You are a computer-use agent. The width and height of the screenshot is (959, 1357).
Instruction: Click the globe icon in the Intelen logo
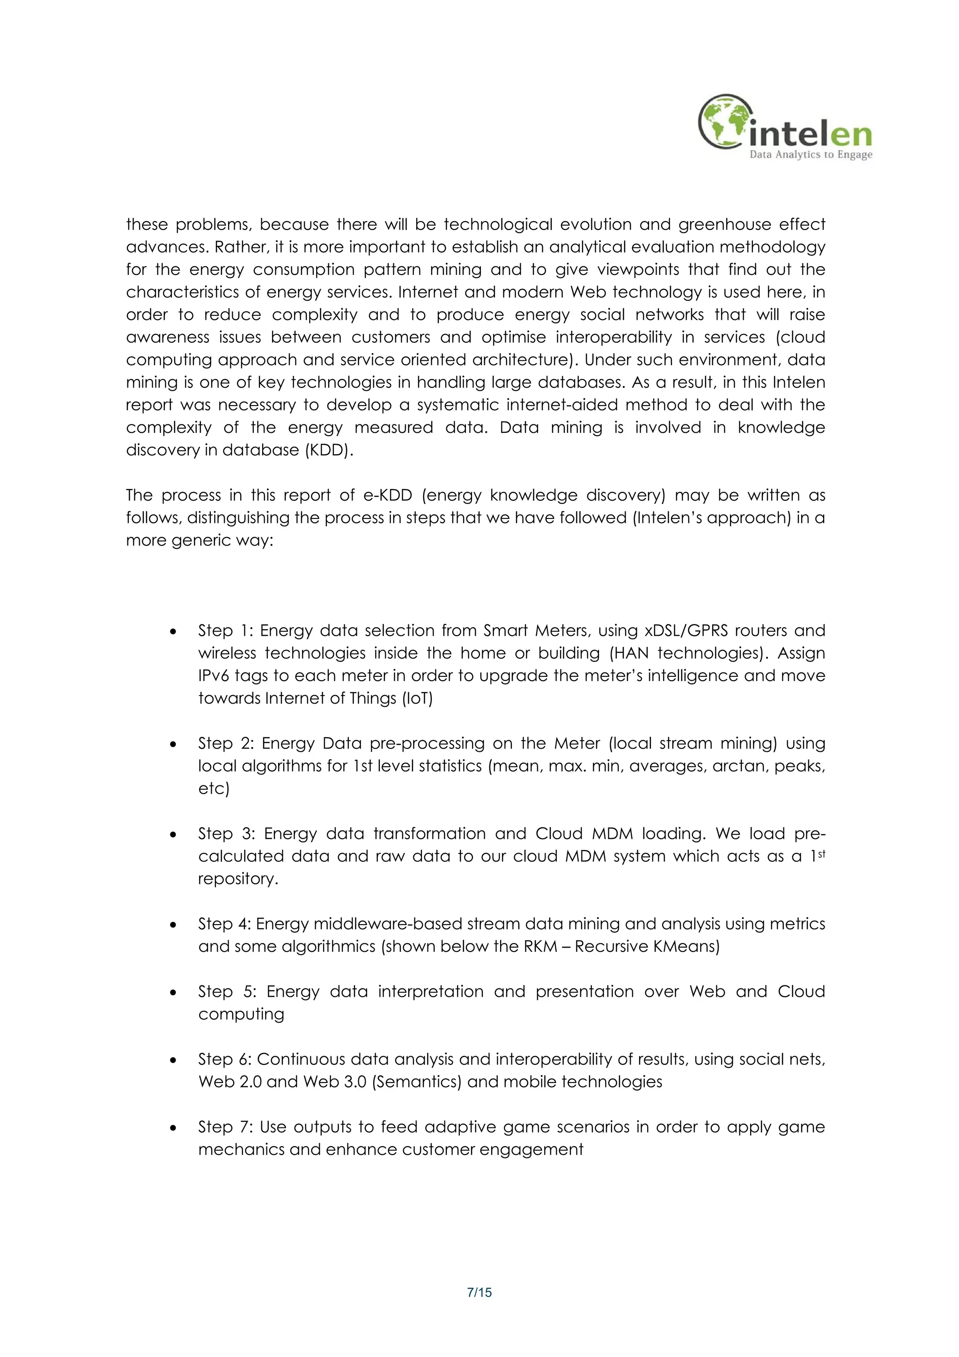tap(726, 121)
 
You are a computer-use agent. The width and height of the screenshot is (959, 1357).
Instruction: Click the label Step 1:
tap(226, 630)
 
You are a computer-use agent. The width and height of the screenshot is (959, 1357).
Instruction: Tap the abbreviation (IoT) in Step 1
tap(417, 698)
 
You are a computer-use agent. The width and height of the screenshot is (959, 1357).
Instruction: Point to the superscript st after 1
tap(821, 853)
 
